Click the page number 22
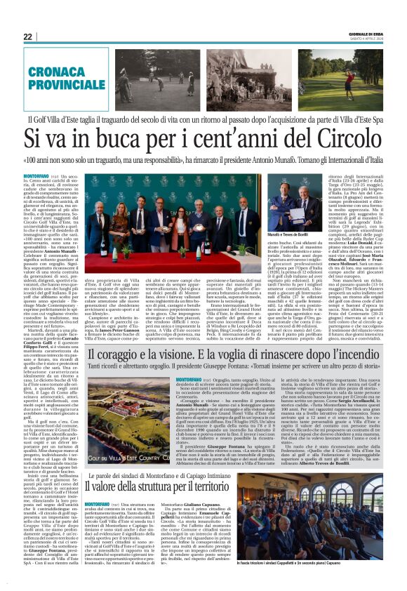coord(28,36)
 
